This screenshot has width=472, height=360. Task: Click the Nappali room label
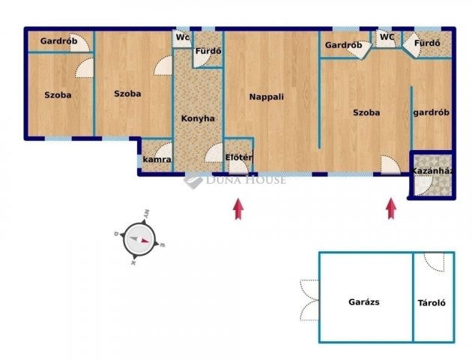(267, 97)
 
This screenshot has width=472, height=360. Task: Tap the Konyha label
(198, 118)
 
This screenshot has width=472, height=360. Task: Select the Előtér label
(239, 157)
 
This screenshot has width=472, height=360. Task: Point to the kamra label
(157, 160)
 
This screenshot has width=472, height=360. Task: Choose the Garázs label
(364, 303)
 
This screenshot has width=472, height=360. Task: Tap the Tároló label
(432, 304)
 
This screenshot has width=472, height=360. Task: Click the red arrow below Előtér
(239, 208)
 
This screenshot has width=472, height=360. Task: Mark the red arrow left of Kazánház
(391, 208)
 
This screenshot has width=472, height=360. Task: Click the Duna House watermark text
(246, 179)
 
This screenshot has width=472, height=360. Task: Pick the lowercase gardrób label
(431, 112)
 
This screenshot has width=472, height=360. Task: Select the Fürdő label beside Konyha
(208, 52)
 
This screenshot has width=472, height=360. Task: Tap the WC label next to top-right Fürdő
(387, 36)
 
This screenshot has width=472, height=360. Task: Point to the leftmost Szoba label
(58, 94)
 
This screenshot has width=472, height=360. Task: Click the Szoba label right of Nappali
(366, 112)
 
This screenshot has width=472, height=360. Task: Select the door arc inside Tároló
(433, 262)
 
